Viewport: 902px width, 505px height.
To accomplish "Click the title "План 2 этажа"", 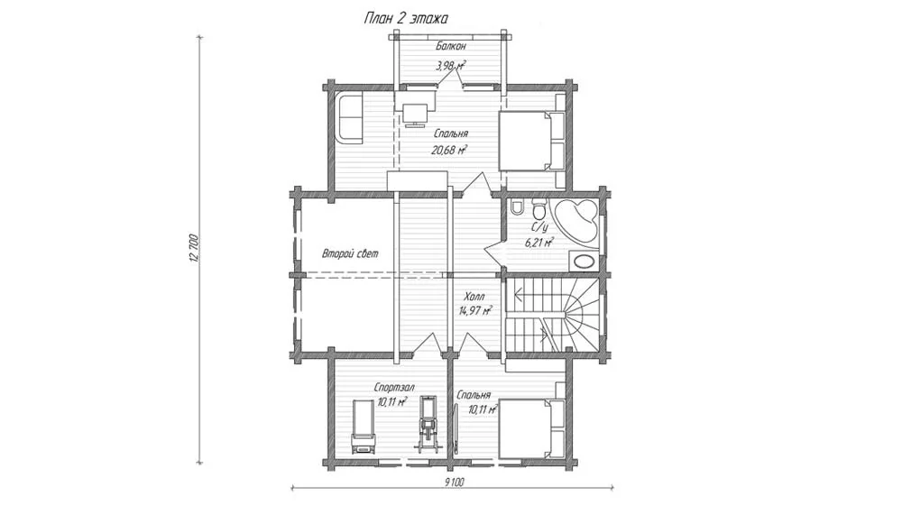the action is coord(406,18).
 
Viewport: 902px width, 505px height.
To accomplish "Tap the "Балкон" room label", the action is coord(450,46).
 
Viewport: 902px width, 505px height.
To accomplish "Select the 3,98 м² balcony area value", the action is coord(451,66).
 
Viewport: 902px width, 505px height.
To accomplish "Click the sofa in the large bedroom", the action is coord(349,118).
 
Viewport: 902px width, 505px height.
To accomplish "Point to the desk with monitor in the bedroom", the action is coord(415,109).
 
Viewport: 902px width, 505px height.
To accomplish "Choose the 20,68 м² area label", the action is coord(449,150).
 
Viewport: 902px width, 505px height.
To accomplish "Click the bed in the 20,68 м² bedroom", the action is coord(531,141).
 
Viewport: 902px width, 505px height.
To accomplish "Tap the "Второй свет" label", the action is coord(350,253).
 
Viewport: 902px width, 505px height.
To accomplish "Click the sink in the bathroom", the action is coord(584,262).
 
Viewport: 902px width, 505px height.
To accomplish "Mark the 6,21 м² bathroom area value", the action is coord(539,243).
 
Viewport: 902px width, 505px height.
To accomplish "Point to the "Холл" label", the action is coord(474,297).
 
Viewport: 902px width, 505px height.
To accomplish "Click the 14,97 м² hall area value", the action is coord(475,311).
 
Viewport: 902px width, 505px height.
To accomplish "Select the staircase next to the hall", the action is coord(553,316).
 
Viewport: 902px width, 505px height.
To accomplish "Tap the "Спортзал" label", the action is coord(394,388).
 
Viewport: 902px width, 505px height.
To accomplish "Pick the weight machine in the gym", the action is coord(428,422).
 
